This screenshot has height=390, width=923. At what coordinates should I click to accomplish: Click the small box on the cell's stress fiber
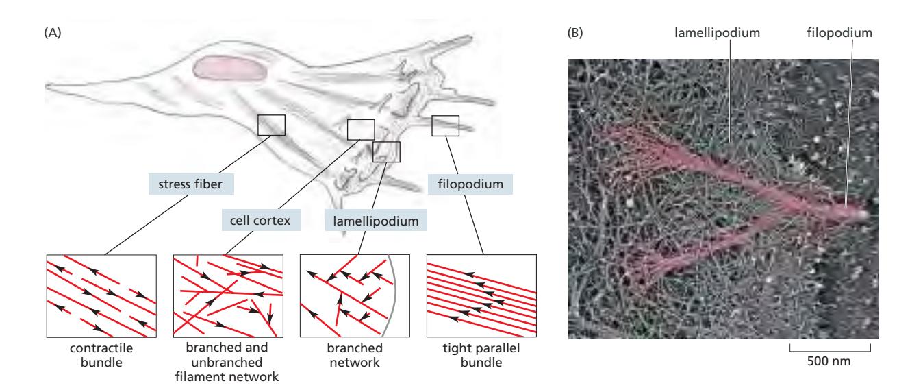point(271,125)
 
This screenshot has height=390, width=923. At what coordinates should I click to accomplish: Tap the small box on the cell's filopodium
point(446,125)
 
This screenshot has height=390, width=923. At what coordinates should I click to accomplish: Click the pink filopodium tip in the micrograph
point(852,214)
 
